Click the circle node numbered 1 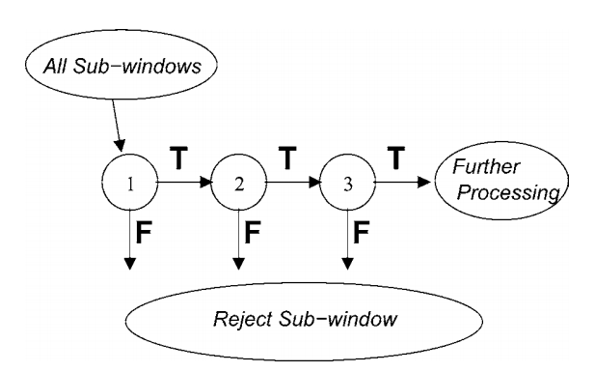(x=130, y=186)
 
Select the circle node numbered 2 (x=237, y=186)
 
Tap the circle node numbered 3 (x=345, y=186)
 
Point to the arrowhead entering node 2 (x=206, y=186)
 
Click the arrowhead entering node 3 (x=314, y=186)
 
